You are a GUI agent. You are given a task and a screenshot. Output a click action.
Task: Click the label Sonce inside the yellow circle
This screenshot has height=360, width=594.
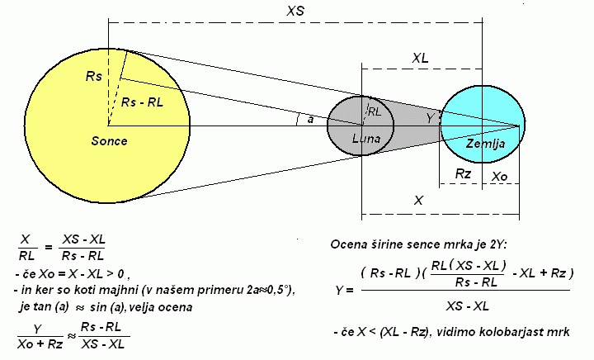pyautogui.click(x=109, y=141)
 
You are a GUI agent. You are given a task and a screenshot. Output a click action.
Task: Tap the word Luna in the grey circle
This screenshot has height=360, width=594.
pyautogui.click(x=365, y=139)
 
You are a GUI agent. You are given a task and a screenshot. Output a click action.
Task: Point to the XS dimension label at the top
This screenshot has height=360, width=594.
pyautogui.click(x=298, y=12)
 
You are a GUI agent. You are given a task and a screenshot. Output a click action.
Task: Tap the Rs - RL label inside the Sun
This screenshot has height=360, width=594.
pyautogui.click(x=142, y=102)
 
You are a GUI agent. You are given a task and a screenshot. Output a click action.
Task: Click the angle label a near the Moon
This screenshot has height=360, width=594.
pyautogui.click(x=309, y=120)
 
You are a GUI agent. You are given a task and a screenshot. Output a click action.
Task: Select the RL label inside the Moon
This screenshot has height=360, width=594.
pyautogui.click(x=374, y=111)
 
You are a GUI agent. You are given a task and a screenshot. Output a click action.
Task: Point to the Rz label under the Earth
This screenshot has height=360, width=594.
pyautogui.click(x=463, y=174)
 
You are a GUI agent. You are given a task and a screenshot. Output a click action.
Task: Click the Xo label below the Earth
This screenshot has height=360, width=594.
pyautogui.click(x=500, y=176)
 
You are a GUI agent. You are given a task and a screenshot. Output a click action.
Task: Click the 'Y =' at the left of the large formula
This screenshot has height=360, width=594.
pyautogui.click(x=345, y=291)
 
